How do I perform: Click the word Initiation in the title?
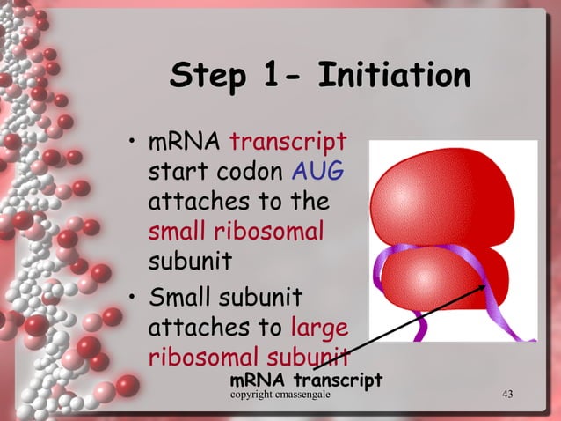[x=394, y=76]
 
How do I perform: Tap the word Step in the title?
[x=208, y=78]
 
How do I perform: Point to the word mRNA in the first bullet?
[x=185, y=141]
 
